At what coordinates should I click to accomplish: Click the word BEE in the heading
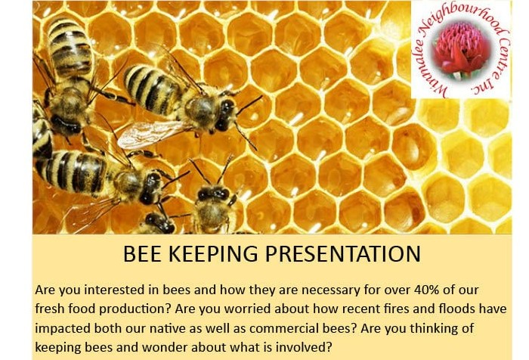point(142,253)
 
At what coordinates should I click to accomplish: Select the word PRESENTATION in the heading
point(343,253)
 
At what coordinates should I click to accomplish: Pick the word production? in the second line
point(135,309)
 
